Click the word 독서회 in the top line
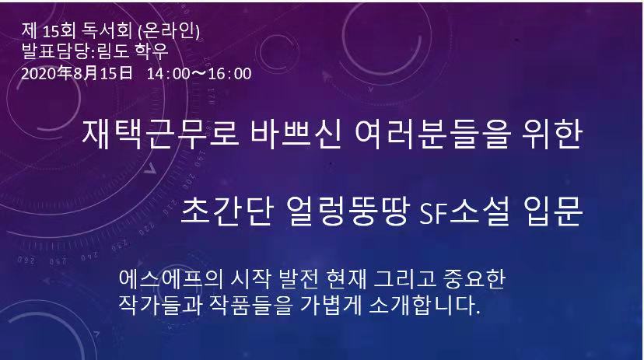click(107, 31)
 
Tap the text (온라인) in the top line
click(170, 31)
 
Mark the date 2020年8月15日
click(77, 73)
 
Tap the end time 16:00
click(230, 74)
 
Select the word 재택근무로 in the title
click(160, 135)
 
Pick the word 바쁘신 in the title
click(296, 135)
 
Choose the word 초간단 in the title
click(226, 211)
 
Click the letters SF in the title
click(433, 212)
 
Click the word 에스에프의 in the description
click(170, 280)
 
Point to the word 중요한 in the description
click(474, 280)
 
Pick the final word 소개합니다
click(424, 306)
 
